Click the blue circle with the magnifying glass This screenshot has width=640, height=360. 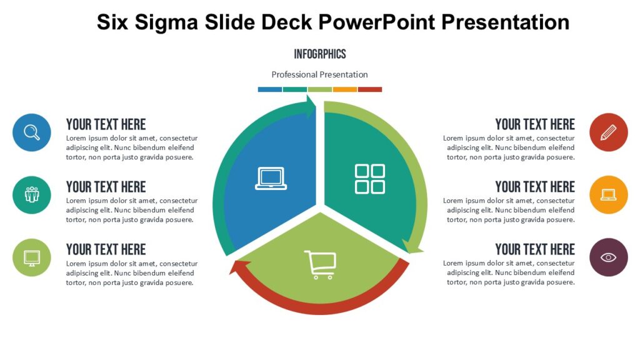click(31, 132)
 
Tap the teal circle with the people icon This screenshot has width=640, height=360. click(31, 194)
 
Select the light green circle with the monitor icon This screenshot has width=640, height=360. click(31, 257)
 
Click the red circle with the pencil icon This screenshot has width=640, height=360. click(608, 132)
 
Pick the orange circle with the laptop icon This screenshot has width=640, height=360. click(608, 194)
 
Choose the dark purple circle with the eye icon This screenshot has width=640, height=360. click(608, 257)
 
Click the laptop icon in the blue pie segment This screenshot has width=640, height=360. click(271, 178)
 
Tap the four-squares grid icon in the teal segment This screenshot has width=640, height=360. click(370, 179)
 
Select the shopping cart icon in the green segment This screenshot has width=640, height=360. click(320, 264)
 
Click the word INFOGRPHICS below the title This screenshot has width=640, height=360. click(319, 54)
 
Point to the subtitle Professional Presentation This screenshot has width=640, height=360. click(319, 74)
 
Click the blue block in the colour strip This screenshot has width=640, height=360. click(269, 89)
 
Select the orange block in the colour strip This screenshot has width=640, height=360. click(344, 89)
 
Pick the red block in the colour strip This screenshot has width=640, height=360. click(369, 89)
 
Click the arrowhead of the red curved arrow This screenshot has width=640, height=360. click(236, 267)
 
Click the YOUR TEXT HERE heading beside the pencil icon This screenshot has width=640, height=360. click(534, 124)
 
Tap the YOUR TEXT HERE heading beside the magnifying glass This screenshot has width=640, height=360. click(106, 124)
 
